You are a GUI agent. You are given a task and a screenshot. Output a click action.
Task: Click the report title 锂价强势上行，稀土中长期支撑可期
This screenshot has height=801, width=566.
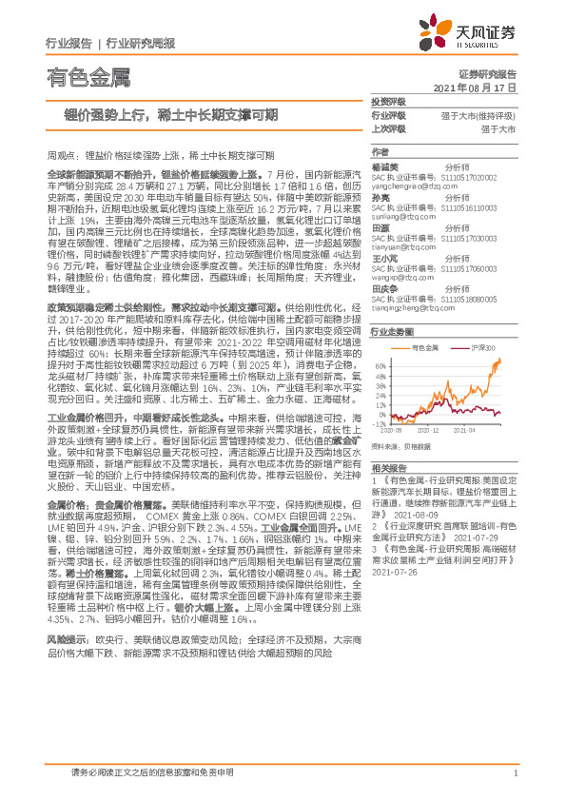click(x=164, y=115)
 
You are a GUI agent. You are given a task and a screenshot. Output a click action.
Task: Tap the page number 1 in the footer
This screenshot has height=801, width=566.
click(x=515, y=784)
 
